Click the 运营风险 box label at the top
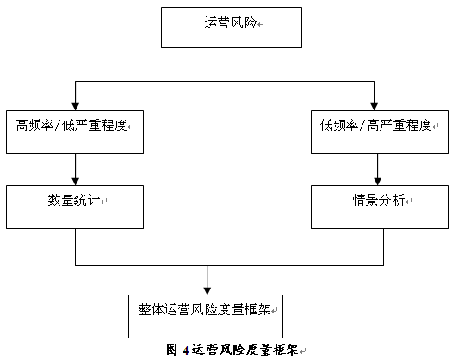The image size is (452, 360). tap(231, 22)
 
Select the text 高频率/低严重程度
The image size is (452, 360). tap(71, 125)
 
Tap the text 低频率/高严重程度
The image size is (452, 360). tap(375, 125)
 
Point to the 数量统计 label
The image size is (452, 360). tap(74, 200)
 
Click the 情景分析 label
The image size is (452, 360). tap(379, 200)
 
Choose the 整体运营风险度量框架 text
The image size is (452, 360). tap(204, 310)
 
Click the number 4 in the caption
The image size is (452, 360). tap(186, 351)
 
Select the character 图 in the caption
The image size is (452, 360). tap(171, 350)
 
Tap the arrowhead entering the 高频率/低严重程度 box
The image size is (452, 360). tap(76, 107)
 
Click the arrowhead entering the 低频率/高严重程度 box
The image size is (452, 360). tap(375, 107)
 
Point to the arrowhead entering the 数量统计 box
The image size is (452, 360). tap(76, 182)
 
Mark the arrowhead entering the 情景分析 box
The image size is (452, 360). tap(378, 182)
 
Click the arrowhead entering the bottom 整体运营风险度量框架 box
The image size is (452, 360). tap(207, 291)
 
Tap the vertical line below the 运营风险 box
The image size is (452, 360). tap(226, 65)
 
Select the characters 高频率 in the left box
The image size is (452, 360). tap(34, 125)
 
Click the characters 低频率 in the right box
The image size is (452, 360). tap(339, 125)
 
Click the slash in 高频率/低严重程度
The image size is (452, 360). tap(58, 126)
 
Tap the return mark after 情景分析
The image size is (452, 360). tap(408, 202)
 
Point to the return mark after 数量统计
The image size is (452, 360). tap(104, 202)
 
